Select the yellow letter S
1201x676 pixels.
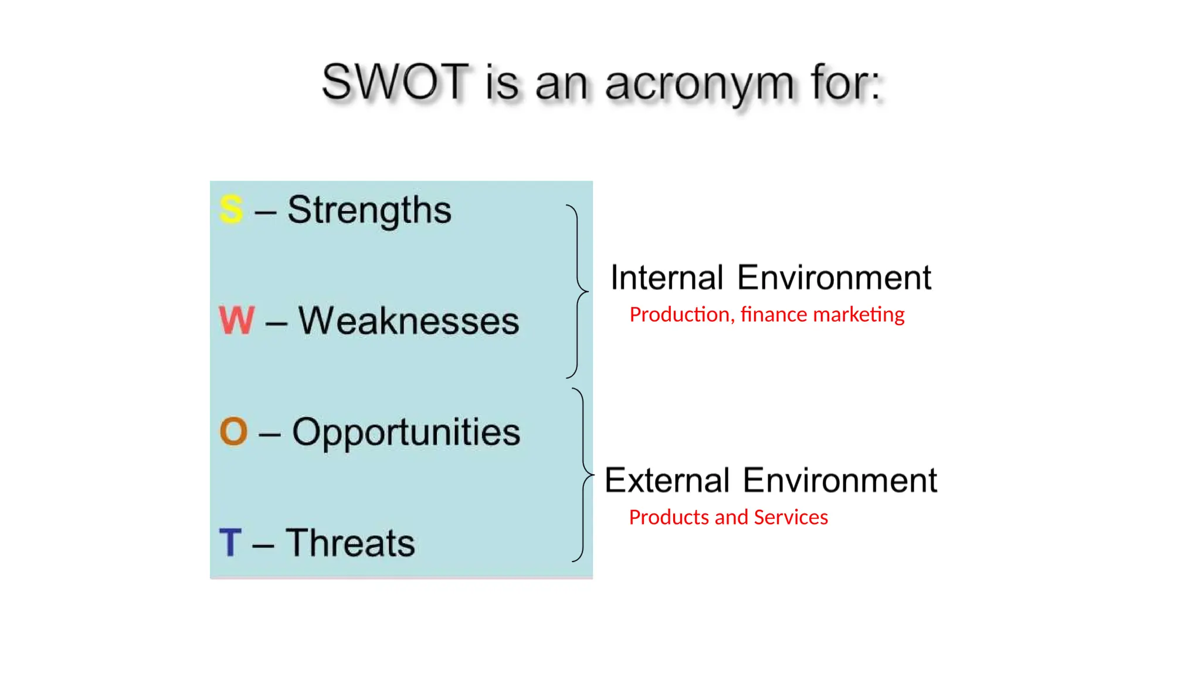(230, 209)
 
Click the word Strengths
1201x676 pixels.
(369, 210)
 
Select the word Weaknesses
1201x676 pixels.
(409, 321)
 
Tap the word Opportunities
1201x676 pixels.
(406, 433)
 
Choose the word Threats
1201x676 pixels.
(350, 543)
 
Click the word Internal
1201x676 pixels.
(667, 278)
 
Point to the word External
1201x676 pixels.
(667, 481)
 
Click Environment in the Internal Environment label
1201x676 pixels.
(834, 278)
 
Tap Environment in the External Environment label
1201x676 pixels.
(840, 481)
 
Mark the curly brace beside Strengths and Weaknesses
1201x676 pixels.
(577, 291)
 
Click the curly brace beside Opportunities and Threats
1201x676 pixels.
(583, 474)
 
